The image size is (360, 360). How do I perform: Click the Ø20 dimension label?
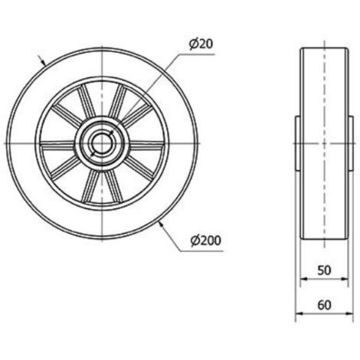tap(201, 44)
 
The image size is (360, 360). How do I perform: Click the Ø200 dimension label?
tap(206, 241)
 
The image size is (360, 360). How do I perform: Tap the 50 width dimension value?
tap(324, 270)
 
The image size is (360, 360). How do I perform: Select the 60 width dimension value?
tap(324, 305)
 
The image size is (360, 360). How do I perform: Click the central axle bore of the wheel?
tap(101, 143)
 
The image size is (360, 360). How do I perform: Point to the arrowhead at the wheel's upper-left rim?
tap(44, 62)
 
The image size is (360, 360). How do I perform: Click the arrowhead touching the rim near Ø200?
tap(162, 224)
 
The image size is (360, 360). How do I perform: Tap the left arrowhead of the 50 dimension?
tap(303, 279)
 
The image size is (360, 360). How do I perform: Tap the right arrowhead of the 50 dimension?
tap(345, 279)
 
